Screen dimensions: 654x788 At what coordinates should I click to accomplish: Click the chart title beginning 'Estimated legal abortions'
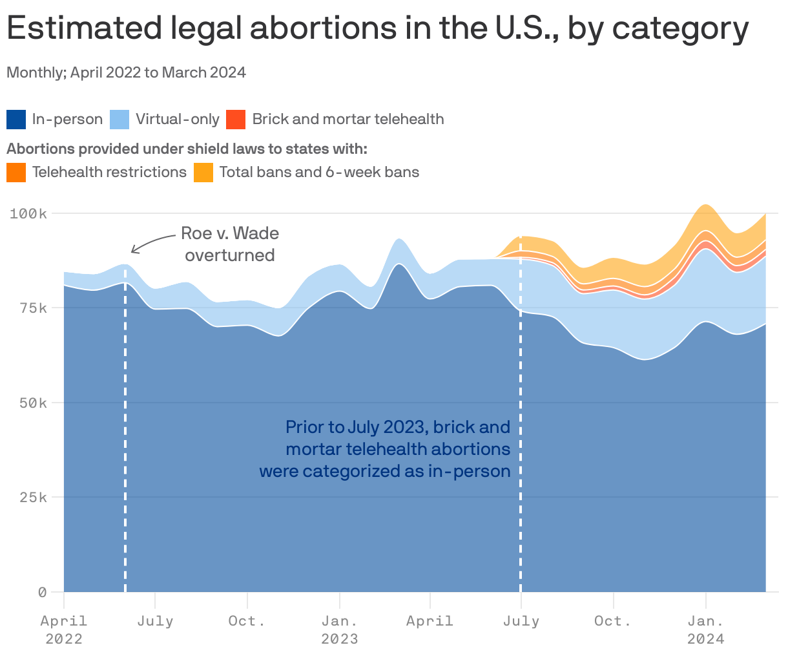[x=378, y=28]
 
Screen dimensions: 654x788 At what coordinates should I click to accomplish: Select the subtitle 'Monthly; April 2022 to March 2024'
[x=127, y=72]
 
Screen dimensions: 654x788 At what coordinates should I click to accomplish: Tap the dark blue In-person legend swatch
[x=16, y=120]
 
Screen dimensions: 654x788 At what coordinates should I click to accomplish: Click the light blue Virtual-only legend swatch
[x=119, y=120]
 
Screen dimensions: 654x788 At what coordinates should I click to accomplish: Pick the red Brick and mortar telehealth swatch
[x=236, y=120]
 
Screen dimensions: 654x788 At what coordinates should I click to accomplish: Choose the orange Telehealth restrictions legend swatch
[x=16, y=173]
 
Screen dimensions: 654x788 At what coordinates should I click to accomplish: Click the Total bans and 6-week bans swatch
[x=203, y=173]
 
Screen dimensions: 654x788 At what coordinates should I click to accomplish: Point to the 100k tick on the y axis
[x=28, y=213]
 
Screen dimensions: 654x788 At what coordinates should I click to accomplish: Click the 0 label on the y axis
[x=42, y=592]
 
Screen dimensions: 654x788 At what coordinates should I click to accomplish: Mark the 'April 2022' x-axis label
[x=64, y=629]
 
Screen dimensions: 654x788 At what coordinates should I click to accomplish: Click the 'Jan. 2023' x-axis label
[x=340, y=629]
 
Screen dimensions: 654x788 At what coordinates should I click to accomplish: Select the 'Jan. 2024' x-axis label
[x=706, y=629]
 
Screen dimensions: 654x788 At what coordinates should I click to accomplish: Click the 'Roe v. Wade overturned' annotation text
[x=230, y=244]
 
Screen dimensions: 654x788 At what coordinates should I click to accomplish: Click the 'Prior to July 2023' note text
[x=386, y=449]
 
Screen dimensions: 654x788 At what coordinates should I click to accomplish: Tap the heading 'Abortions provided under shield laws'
[x=187, y=149]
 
